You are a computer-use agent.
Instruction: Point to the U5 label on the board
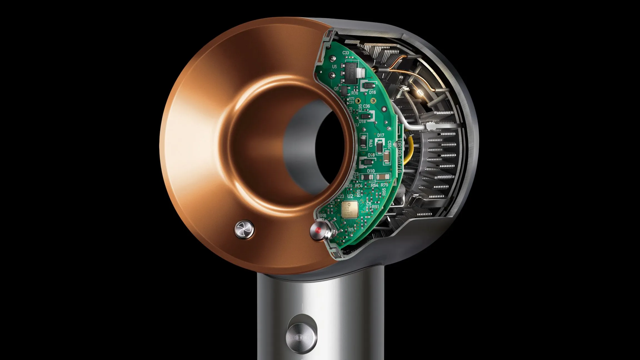(x=334, y=67)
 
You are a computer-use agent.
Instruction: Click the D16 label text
(x=372, y=92)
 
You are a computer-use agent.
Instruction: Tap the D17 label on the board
(x=381, y=135)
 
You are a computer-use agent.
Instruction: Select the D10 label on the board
(x=371, y=171)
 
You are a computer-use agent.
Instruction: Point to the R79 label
(x=384, y=185)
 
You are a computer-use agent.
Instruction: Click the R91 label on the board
(x=375, y=207)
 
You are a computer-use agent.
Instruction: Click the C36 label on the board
(x=366, y=106)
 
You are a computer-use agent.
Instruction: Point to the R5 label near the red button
(x=351, y=230)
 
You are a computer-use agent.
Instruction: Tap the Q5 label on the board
(x=336, y=89)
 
